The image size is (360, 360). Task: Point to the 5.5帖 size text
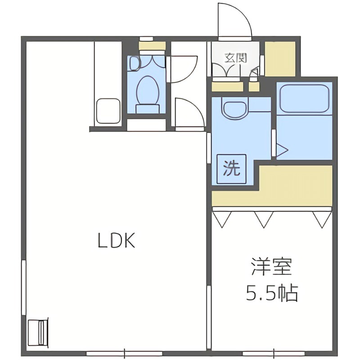tap(272, 293)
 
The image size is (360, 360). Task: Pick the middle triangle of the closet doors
tap(264, 219)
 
